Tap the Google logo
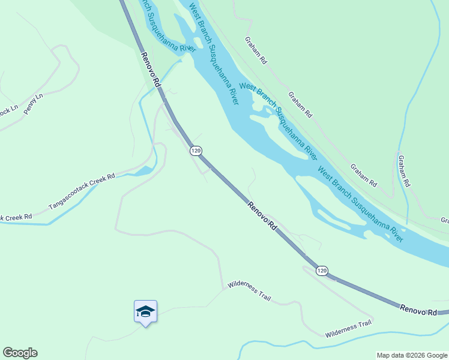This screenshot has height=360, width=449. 20,353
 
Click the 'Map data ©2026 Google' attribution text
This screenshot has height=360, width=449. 412,355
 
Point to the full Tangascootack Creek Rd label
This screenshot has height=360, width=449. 82,192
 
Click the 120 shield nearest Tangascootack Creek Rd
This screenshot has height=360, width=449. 196,151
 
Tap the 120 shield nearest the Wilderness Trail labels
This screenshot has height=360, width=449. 322,271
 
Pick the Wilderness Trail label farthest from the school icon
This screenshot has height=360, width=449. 348,329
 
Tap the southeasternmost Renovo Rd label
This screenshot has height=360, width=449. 422,311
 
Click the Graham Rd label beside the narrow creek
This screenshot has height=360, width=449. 403,170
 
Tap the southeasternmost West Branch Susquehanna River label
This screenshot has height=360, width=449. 361,202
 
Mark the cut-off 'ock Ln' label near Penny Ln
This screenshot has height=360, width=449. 8,112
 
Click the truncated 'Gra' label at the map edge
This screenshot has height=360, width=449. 444,221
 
